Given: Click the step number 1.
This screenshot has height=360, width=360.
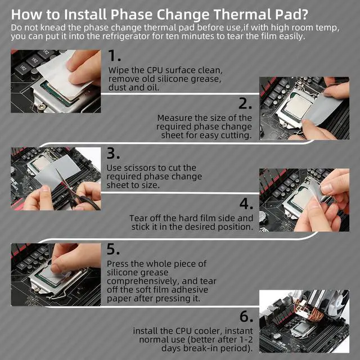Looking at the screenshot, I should pyautogui.click(x=114, y=56).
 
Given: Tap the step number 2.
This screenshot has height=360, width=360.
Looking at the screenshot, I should pyautogui.click(x=245, y=103).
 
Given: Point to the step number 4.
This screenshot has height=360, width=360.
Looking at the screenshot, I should pyautogui.click(x=246, y=203).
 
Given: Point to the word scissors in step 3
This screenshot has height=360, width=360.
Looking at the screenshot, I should pyautogui.click(x=138, y=168).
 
